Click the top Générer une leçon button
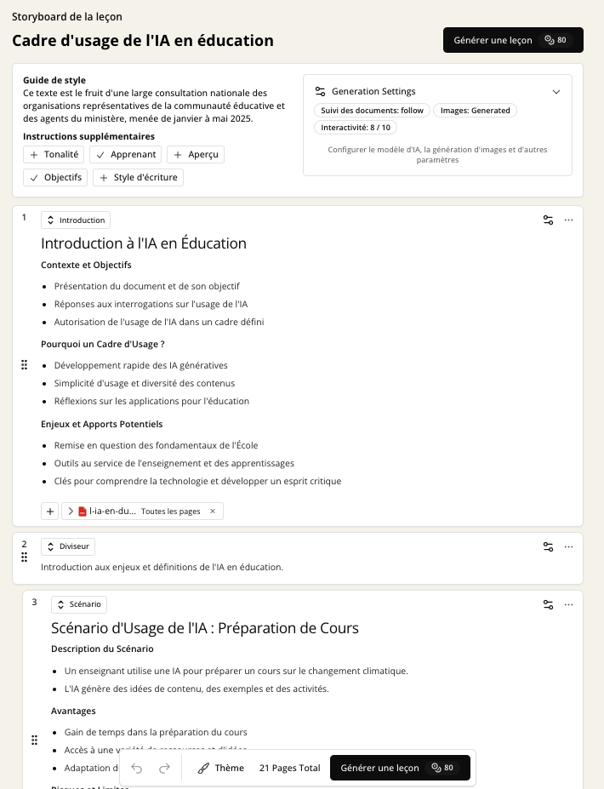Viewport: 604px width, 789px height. click(x=512, y=40)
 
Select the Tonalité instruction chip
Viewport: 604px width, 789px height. click(x=54, y=155)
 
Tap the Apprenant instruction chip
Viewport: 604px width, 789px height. click(x=126, y=155)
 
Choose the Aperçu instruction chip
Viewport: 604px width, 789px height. click(x=195, y=155)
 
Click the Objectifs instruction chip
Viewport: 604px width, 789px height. click(x=55, y=177)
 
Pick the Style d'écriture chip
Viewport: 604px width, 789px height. click(x=138, y=177)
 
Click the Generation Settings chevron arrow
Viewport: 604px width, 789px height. click(x=556, y=91)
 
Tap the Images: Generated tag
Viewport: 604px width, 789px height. click(x=475, y=111)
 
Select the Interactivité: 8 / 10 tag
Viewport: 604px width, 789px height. click(x=356, y=128)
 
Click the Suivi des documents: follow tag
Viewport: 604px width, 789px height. click(x=372, y=111)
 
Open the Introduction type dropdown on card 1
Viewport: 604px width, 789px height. click(x=76, y=220)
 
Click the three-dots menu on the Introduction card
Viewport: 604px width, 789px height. click(x=569, y=220)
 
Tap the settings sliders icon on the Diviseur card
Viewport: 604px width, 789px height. click(x=549, y=546)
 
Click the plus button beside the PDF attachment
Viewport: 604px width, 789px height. click(x=50, y=512)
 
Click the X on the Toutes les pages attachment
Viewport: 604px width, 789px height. click(x=213, y=512)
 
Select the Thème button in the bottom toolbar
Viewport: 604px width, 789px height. click(x=220, y=768)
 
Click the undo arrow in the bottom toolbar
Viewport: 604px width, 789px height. click(x=137, y=768)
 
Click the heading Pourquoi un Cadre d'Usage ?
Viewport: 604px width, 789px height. click(x=103, y=344)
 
